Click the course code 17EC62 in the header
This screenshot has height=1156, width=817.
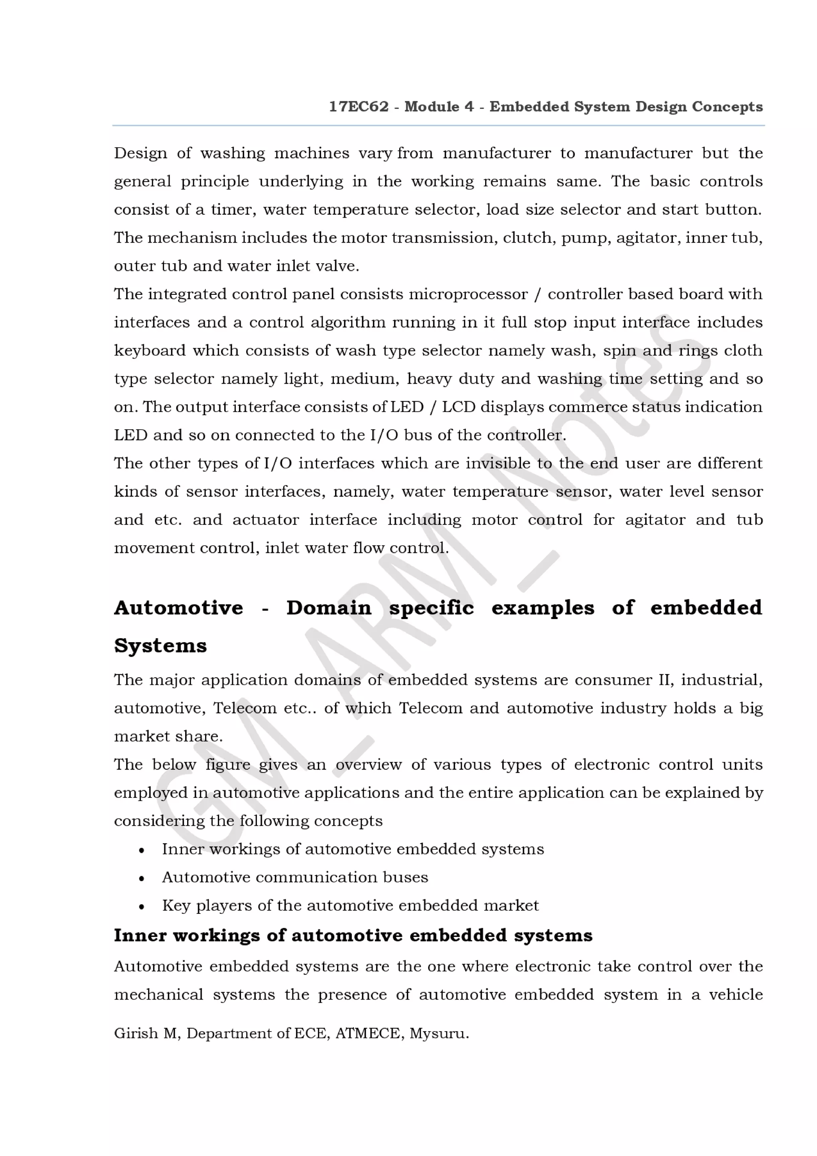click(x=358, y=107)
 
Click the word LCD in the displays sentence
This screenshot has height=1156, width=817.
click(x=458, y=407)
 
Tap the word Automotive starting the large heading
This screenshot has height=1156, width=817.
click(x=179, y=608)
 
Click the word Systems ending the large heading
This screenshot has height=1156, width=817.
click(x=160, y=646)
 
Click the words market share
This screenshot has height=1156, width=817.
click(x=168, y=737)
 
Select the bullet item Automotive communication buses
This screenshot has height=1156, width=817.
click(x=294, y=878)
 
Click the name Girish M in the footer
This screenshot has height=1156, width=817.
click(x=146, y=1034)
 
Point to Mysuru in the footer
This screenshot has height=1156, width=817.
click(x=438, y=1034)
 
